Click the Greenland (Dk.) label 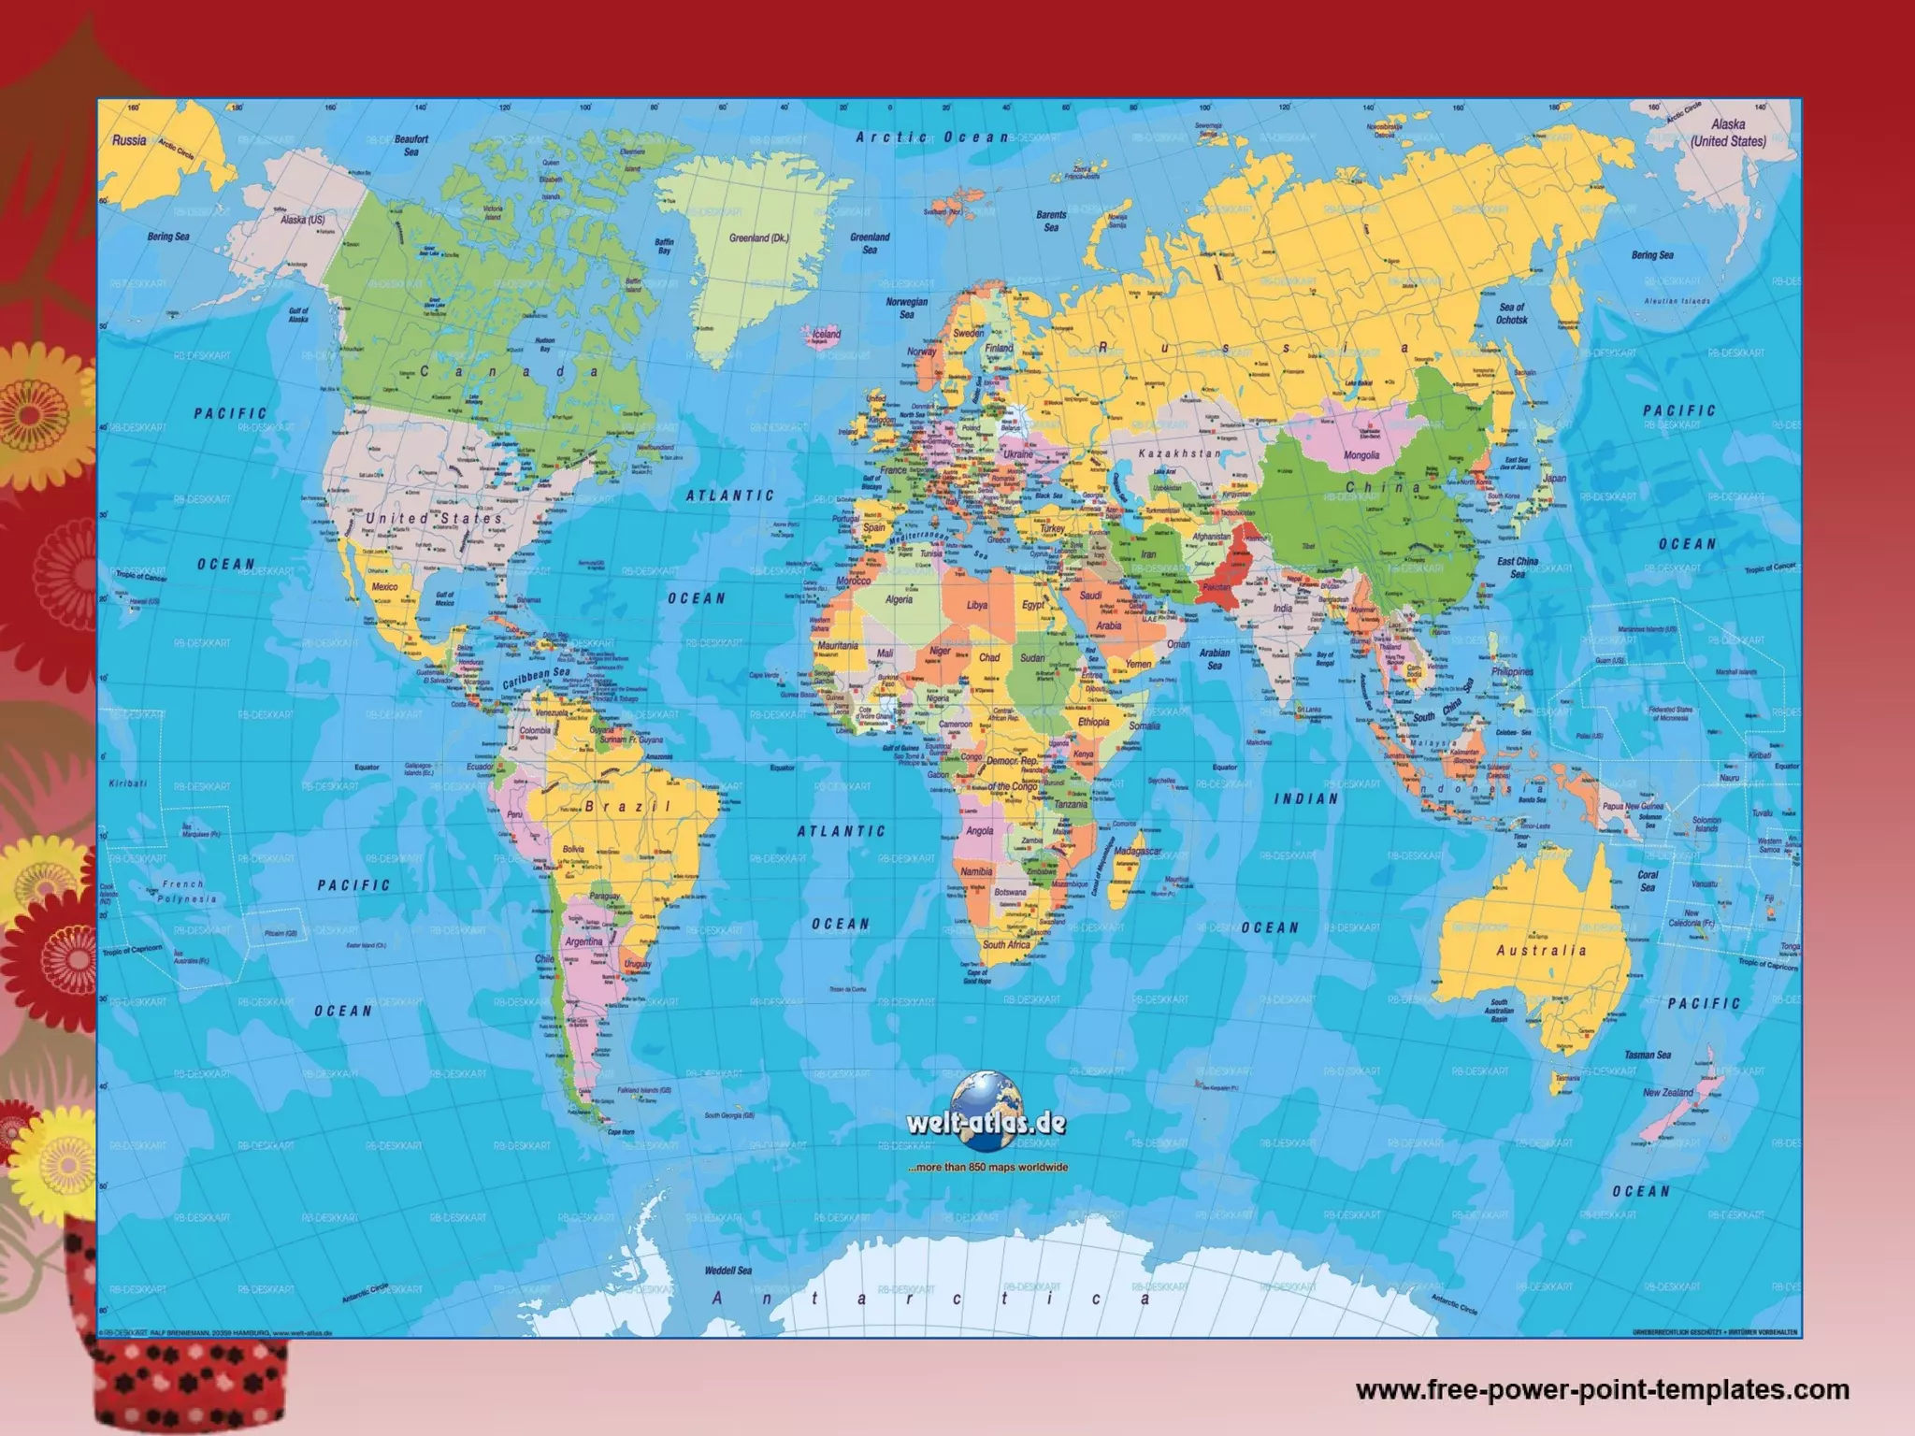[x=758, y=237]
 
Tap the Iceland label [x=827, y=334]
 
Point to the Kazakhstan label [x=1179, y=453]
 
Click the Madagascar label [x=1137, y=852]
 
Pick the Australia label [x=1541, y=950]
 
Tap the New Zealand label [x=1668, y=1092]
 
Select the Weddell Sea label [x=727, y=1271]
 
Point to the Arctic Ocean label [x=932, y=137]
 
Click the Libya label [x=976, y=605]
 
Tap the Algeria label [x=899, y=599]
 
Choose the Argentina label [x=583, y=941]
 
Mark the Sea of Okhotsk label [x=1512, y=313]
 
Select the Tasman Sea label [x=1648, y=1055]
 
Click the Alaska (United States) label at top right [x=1728, y=133]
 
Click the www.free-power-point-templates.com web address [x=1602, y=1389]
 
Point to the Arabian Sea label [x=1214, y=659]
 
